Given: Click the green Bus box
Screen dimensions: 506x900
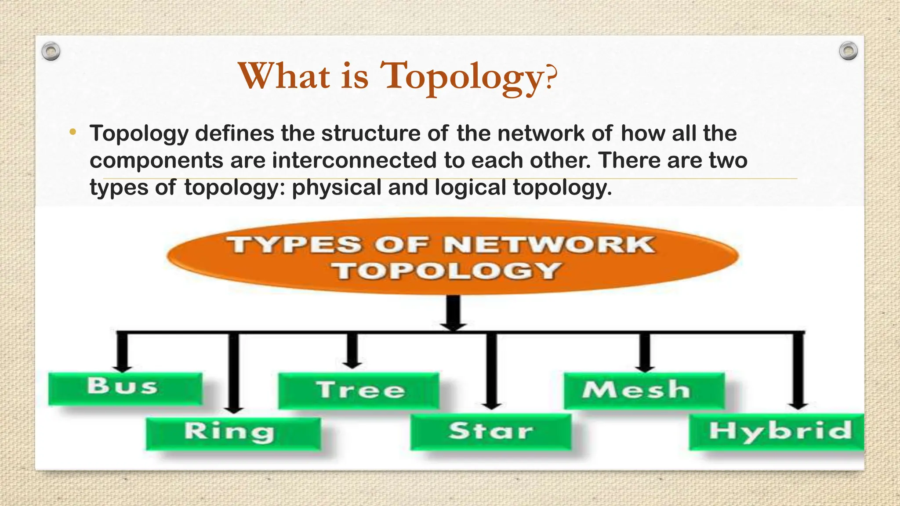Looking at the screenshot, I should point(125,389).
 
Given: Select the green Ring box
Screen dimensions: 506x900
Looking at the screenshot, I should point(233,434).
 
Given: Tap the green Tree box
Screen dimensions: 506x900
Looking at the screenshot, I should point(359,390).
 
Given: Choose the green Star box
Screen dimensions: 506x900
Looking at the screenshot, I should point(491,432).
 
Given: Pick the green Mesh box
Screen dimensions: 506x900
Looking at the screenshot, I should point(644,390).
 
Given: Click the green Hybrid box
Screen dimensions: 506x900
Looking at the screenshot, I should point(777,432).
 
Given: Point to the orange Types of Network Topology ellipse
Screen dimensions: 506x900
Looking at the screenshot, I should point(453,256).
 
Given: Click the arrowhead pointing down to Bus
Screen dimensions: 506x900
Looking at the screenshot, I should point(122,366).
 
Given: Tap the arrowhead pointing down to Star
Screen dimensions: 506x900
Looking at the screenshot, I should point(491,405).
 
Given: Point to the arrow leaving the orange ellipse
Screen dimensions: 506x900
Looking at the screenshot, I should point(453,314).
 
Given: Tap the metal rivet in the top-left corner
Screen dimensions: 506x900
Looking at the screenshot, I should point(51,52).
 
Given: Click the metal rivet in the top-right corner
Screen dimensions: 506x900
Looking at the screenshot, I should point(848,51).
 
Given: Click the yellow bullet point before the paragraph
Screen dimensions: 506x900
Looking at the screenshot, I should point(73,132).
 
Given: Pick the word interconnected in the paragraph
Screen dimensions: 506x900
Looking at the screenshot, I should point(354,160).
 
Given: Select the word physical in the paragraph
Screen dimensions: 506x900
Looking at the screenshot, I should point(337,188).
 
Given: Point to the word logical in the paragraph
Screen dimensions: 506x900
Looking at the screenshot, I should point(470,188).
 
